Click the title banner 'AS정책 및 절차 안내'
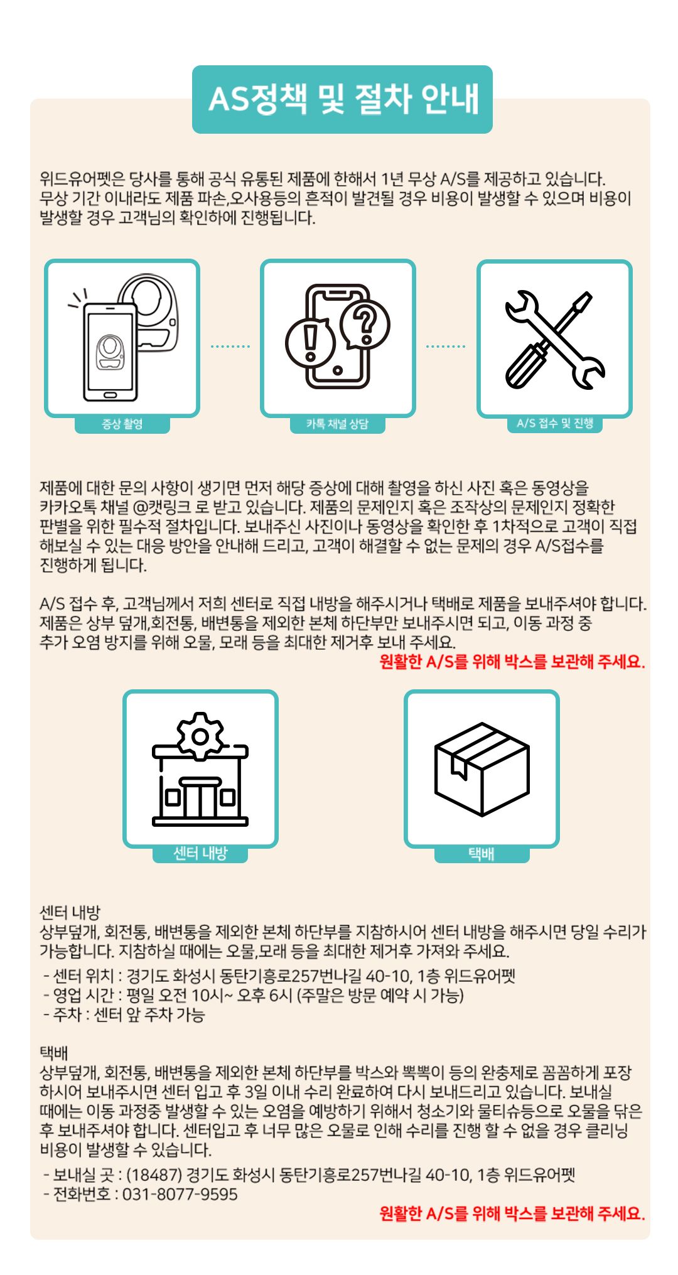tap(342, 99)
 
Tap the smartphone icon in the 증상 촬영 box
tap(110, 352)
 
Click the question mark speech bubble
tap(365, 325)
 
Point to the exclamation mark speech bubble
tap(310, 343)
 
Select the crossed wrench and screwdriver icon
tap(555, 339)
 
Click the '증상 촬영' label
tap(122, 424)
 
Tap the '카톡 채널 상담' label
tap(338, 424)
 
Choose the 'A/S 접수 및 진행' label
tap(555, 424)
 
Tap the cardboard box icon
tap(482, 769)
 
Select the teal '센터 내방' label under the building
tap(200, 853)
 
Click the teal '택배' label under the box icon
tap(482, 854)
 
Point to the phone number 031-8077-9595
tap(180, 1194)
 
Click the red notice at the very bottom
tap(512, 1213)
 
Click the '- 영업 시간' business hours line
tap(254, 996)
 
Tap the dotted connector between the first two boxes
tap(230, 346)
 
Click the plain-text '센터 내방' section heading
tap(70, 912)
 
